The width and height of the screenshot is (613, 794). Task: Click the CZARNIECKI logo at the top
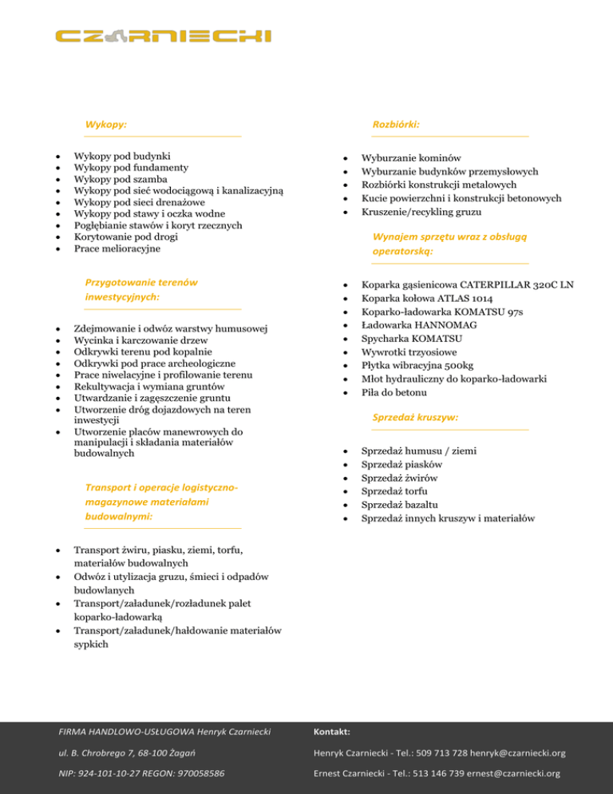click(x=164, y=36)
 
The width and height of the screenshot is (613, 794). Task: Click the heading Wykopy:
click(x=107, y=125)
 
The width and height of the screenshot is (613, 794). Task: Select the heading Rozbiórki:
click(x=396, y=125)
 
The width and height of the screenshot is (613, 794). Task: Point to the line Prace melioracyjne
click(x=117, y=248)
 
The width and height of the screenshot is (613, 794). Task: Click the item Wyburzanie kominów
click(x=411, y=158)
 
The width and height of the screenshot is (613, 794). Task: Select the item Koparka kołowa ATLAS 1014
click(x=427, y=298)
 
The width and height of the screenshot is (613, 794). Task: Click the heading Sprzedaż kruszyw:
click(x=415, y=417)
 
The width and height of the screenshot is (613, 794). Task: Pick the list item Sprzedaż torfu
click(x=392, y=490)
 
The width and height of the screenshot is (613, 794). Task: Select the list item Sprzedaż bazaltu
click(x=397, y=504)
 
